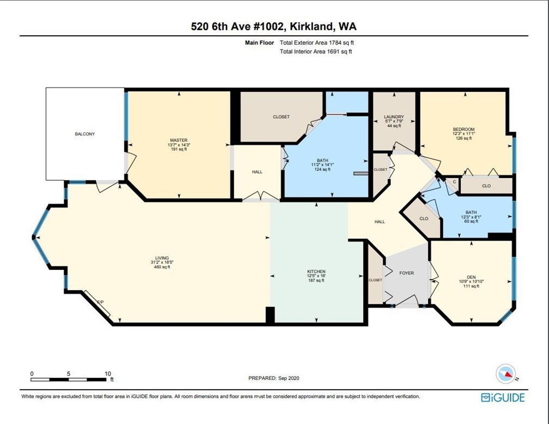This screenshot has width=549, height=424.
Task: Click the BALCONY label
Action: point(85,134)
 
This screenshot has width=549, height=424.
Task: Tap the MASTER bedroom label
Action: point(178,140)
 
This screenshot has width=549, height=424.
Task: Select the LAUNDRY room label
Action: point(394,116)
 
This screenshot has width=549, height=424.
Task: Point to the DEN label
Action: point(471,277)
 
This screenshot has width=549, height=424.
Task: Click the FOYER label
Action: point(406,273)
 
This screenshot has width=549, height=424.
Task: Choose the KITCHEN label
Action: point(316,272)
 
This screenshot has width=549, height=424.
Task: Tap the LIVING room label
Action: point(162,258)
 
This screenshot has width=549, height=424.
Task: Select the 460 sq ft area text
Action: point(162,267)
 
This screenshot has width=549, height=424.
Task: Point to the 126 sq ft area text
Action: point(464,138)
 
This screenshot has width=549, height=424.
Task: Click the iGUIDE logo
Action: point(503,397)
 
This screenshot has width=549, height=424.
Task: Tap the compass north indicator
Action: point(506,374)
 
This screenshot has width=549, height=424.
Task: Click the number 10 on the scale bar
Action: point(108,373)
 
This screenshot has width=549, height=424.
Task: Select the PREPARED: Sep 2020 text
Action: point(274,378)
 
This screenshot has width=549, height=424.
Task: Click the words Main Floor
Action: point(260,42)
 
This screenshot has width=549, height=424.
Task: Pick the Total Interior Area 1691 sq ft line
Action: point(316,52)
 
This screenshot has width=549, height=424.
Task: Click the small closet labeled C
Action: point(454,182)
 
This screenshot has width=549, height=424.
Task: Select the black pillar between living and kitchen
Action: point(270,315)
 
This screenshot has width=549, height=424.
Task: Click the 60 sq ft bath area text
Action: point(471,222)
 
